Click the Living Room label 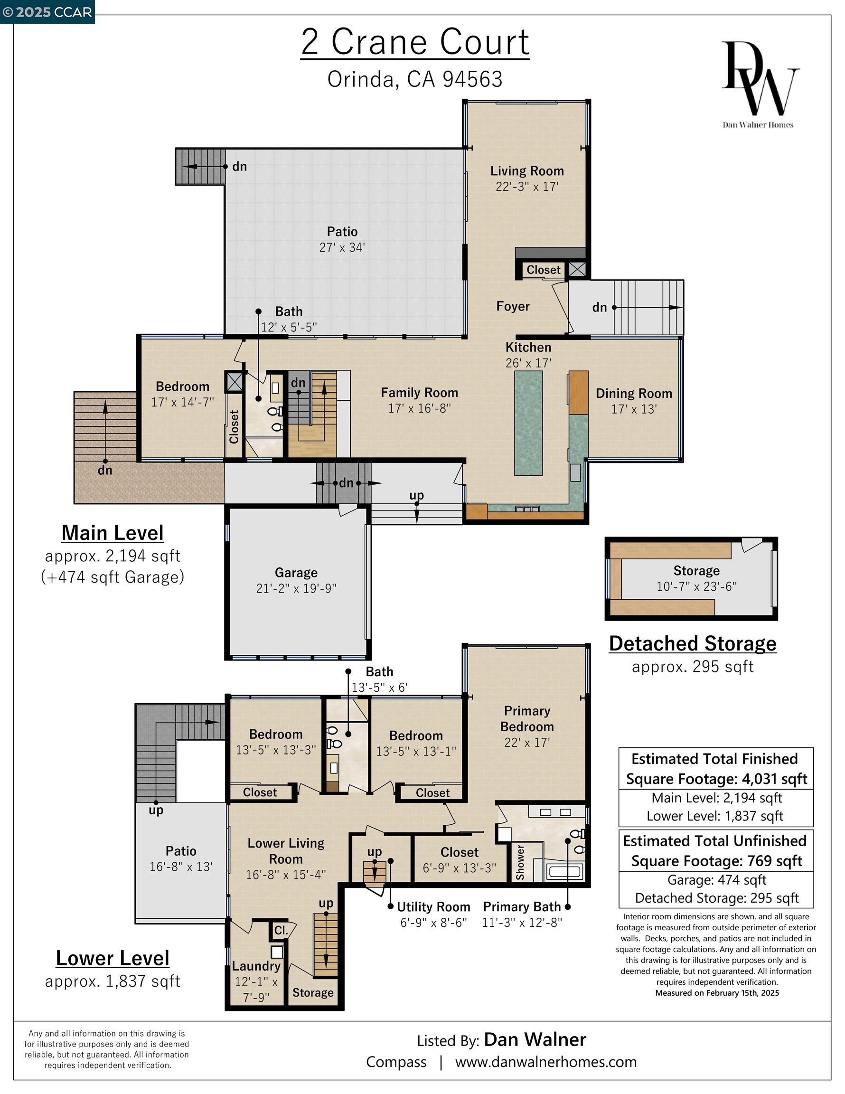(x=527, y=171)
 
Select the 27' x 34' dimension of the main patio (x=342, y=247)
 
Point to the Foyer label (x=512, y=306)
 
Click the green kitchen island (x=528, y=423)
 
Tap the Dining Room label (x=634, y=393)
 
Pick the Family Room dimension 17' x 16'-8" (x=419, y=408)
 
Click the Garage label (x=296, y=573)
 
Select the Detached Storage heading (x=692, y=644)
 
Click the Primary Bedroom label (x=527, y=718)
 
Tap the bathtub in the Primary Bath (x=564, y=872)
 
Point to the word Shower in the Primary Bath (x=520, y=863)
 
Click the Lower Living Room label (x=285, y=851)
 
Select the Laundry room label (x=256, y=966)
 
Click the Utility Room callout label (x=433, y=906)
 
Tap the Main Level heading (x=112, y=533)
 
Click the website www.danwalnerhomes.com (x=545, y=1062)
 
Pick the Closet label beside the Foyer (x=543, y=270)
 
